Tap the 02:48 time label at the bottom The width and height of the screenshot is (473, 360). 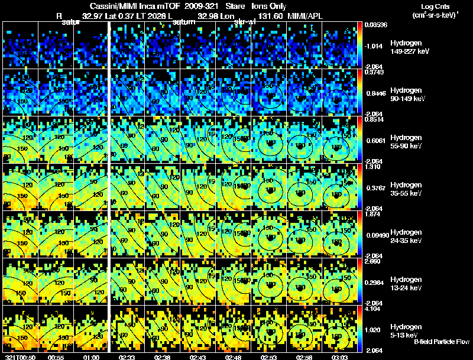click(x=237, y=356)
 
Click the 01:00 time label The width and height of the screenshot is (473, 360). click(x=91, y=356)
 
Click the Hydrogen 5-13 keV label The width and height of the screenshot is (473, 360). click(x=406, y=330)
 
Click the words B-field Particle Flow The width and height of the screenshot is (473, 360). click(x=441, y=342)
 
